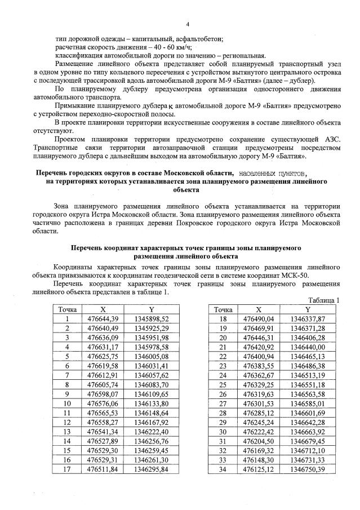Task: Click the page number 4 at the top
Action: pos(187,24)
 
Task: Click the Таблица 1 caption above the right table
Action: pos(325,300)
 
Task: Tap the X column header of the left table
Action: pos(103,309)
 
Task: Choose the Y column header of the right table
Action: pos(308,309)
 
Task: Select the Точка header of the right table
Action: pos(223,309)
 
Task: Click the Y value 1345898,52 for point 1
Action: pos(152,318)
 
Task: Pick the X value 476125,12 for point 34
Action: pos(259,469)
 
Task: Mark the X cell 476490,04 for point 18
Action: pos(259,318)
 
